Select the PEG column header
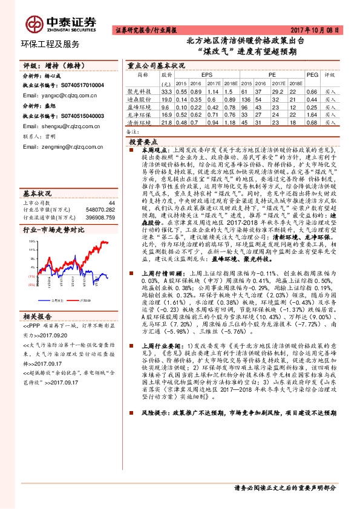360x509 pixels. click(x=312, y=75)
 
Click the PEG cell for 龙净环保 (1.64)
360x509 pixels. click(x=312, y=114)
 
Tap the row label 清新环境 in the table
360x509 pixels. click(x=139, y=122)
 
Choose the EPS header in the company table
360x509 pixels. click(x=198, y=75)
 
